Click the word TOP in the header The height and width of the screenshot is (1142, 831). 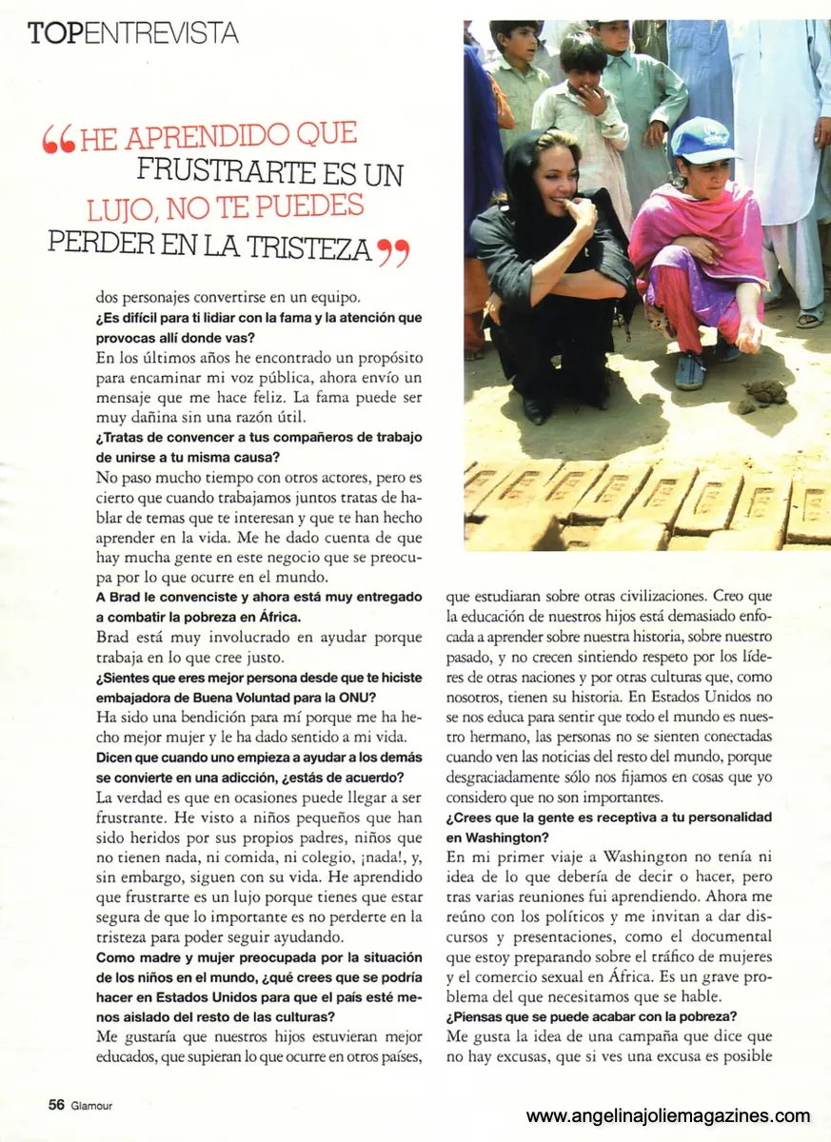tap(55, 34)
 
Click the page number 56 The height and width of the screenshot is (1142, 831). tap(56, 1105)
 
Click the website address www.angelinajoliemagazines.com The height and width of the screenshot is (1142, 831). tap(668, 1116)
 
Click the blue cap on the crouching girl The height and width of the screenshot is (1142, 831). tap(702, 139)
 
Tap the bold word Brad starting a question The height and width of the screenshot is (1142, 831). tap(124, 598)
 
